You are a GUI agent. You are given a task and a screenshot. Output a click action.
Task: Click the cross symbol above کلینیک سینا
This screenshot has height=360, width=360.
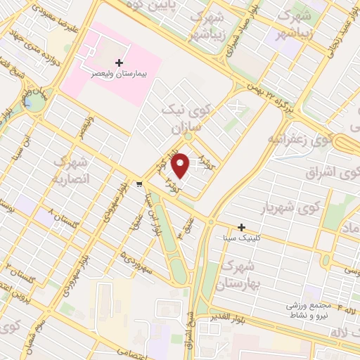241,227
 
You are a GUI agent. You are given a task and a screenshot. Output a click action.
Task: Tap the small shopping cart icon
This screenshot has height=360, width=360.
140,185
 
